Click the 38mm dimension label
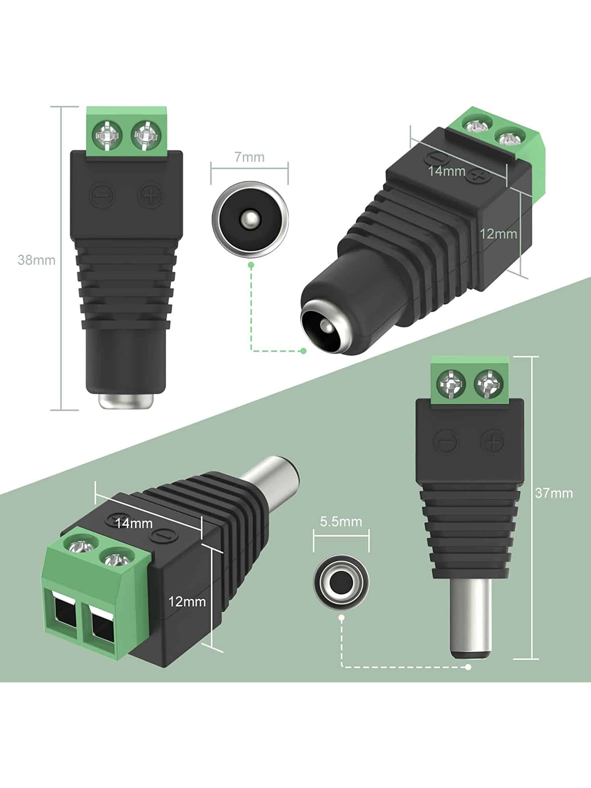(36, 260)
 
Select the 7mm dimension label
(249, 157)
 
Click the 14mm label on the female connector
(447, 171)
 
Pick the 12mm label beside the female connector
(498, 234)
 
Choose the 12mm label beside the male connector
(187, 613)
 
